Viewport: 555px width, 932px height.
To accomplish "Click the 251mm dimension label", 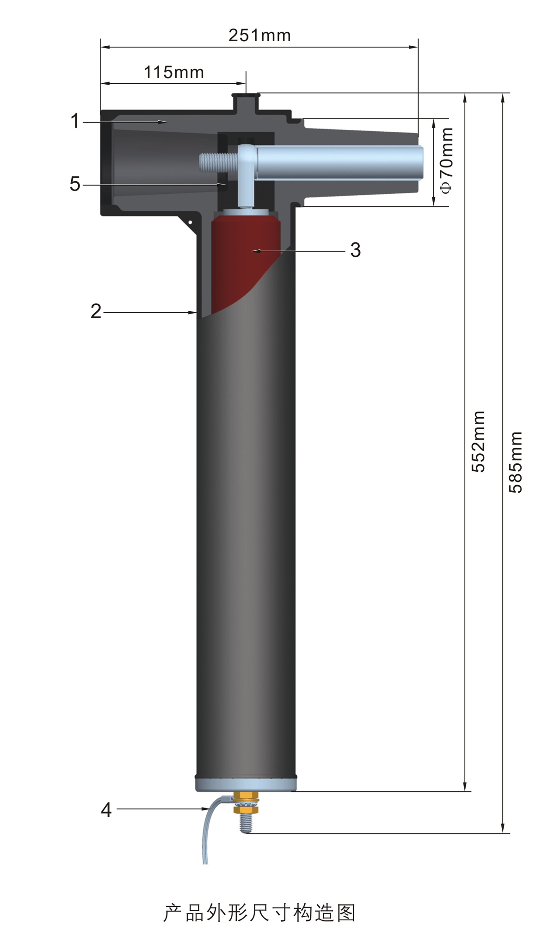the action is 259,36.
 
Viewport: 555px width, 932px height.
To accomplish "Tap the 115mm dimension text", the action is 174,73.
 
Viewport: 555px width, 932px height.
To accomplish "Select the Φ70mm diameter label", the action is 446,160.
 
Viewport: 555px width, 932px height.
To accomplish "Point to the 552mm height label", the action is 478,442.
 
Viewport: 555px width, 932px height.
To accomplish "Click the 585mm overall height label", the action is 515,463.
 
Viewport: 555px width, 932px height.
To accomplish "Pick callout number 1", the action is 75,121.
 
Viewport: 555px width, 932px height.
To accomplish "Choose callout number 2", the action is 96,311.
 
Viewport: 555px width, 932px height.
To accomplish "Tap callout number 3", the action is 355,250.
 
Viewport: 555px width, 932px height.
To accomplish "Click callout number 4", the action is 106,810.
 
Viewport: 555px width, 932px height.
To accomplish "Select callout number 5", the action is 75,184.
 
